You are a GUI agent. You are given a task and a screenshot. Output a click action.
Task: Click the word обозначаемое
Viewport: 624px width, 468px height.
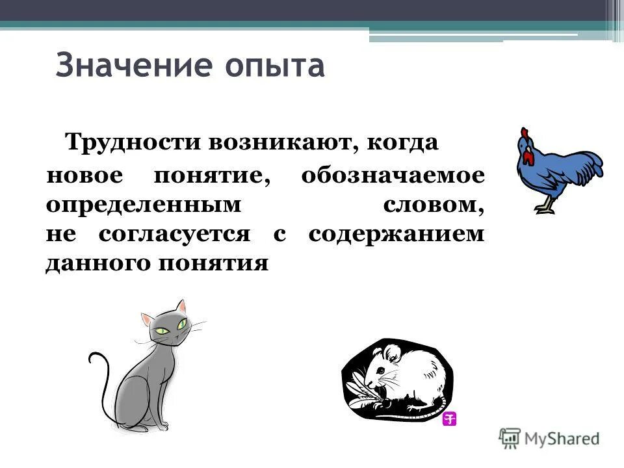coord(393,176)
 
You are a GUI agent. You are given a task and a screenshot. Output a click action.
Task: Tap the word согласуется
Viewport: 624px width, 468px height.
coord(174,234)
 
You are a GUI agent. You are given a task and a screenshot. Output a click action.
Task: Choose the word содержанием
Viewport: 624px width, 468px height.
coord(396,234)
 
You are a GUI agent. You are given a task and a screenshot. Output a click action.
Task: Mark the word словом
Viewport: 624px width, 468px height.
coord(433,205)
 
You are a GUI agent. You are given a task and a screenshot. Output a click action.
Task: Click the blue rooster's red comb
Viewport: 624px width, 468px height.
coord(524,135)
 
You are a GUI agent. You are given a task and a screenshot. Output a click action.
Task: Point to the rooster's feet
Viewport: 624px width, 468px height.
coord(545,209)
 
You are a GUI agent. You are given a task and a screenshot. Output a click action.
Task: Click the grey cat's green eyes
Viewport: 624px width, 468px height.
coord(170,328)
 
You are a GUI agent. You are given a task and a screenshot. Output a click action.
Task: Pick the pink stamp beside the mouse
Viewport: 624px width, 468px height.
coord(449,419)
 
